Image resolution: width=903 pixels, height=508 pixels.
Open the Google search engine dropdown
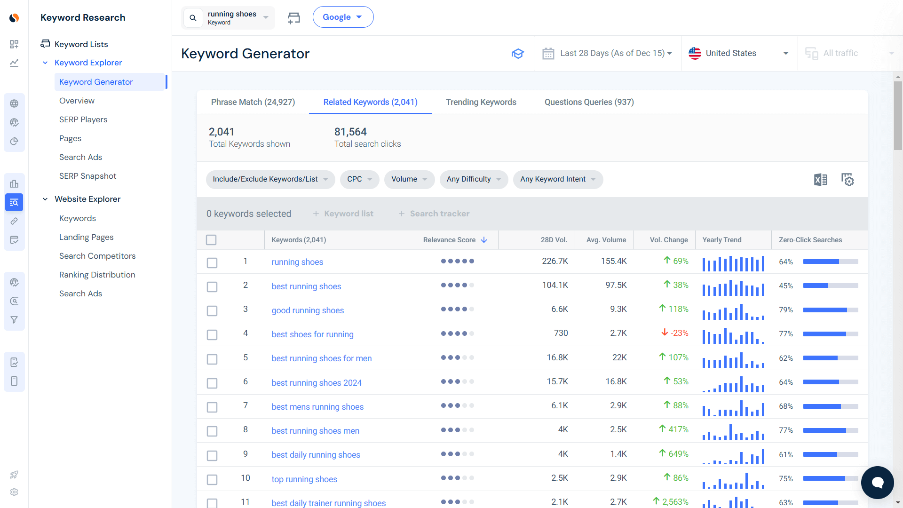(343, 17)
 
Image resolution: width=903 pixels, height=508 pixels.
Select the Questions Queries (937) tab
(589, 102)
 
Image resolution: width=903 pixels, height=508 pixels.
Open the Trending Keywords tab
(481, 102)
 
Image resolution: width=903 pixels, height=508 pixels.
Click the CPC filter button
(359, 179)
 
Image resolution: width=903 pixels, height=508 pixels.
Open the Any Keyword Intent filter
(558, 179)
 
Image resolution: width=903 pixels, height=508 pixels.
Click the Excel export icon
(820, 180)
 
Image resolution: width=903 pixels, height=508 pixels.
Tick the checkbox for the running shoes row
(212, 262)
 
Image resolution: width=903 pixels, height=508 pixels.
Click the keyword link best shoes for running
(312, 334)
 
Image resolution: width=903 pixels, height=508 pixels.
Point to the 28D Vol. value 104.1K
(555, 285)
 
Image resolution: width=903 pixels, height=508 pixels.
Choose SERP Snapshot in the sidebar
(87, 176)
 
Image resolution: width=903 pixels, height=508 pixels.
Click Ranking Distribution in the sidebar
(97, 275)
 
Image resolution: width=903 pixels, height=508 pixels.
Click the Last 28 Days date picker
(607, 53)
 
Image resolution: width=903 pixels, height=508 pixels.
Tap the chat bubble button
(877, 482)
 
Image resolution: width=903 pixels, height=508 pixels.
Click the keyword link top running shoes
(304, 479)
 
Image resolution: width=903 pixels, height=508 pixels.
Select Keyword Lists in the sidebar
(81, 44)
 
